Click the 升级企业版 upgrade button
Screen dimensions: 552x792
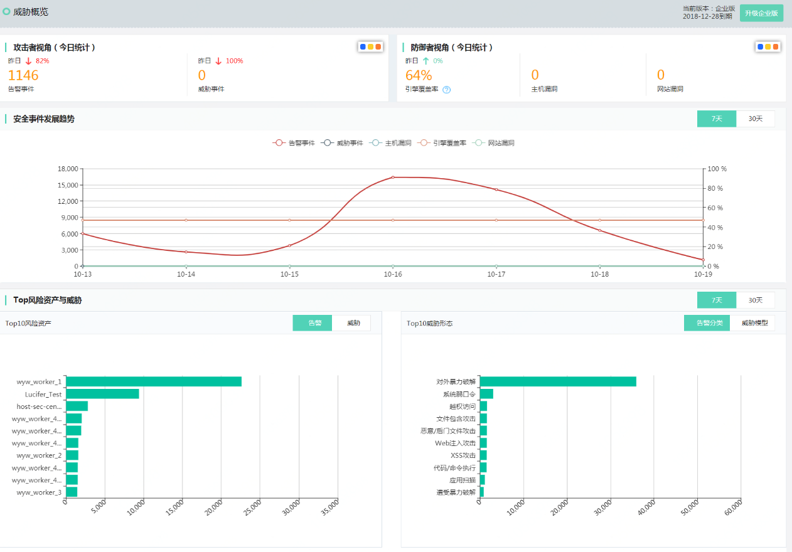tap(761, 13)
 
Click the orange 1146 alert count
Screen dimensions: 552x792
tap(23, 75)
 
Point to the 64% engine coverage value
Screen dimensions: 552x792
tap(419, 75)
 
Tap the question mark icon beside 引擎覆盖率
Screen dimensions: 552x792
tap(447, 90)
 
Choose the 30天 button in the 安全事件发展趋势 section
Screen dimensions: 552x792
tap(755, 119)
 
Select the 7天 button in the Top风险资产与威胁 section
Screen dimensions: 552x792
tap(716, 300)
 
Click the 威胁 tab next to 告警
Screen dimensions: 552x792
tap(353, 323)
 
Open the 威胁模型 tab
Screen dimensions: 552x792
tap(754, 323)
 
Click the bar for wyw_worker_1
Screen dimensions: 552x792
tap(153, 381)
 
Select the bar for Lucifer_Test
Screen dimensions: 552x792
tap(102, 394)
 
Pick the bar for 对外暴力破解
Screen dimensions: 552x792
tap(558, 381)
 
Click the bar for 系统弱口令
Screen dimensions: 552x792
tap(486, 394)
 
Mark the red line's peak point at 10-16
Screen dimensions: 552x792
tap(393, 178)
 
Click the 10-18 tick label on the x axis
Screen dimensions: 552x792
tap(599, 274)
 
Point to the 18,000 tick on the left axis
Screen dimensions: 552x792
tap(67, 169)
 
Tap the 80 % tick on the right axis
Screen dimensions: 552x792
tap(715, 188)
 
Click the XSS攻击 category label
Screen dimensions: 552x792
tap(463, 455)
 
